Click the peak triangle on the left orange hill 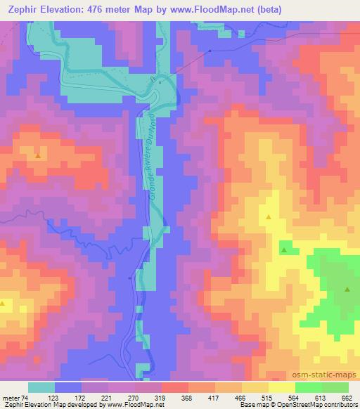pyautogui.click(x=37, y=155)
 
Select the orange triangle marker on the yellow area pyautogui.click(x=269, y=217)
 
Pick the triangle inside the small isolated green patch pyautogui.click(x=283, y=249)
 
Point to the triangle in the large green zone pyautogui.click(x=347, y=289)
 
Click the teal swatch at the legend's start pyautogui.click(x=41, y=387)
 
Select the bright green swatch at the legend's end pyautogui.click(x=335, y=387)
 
